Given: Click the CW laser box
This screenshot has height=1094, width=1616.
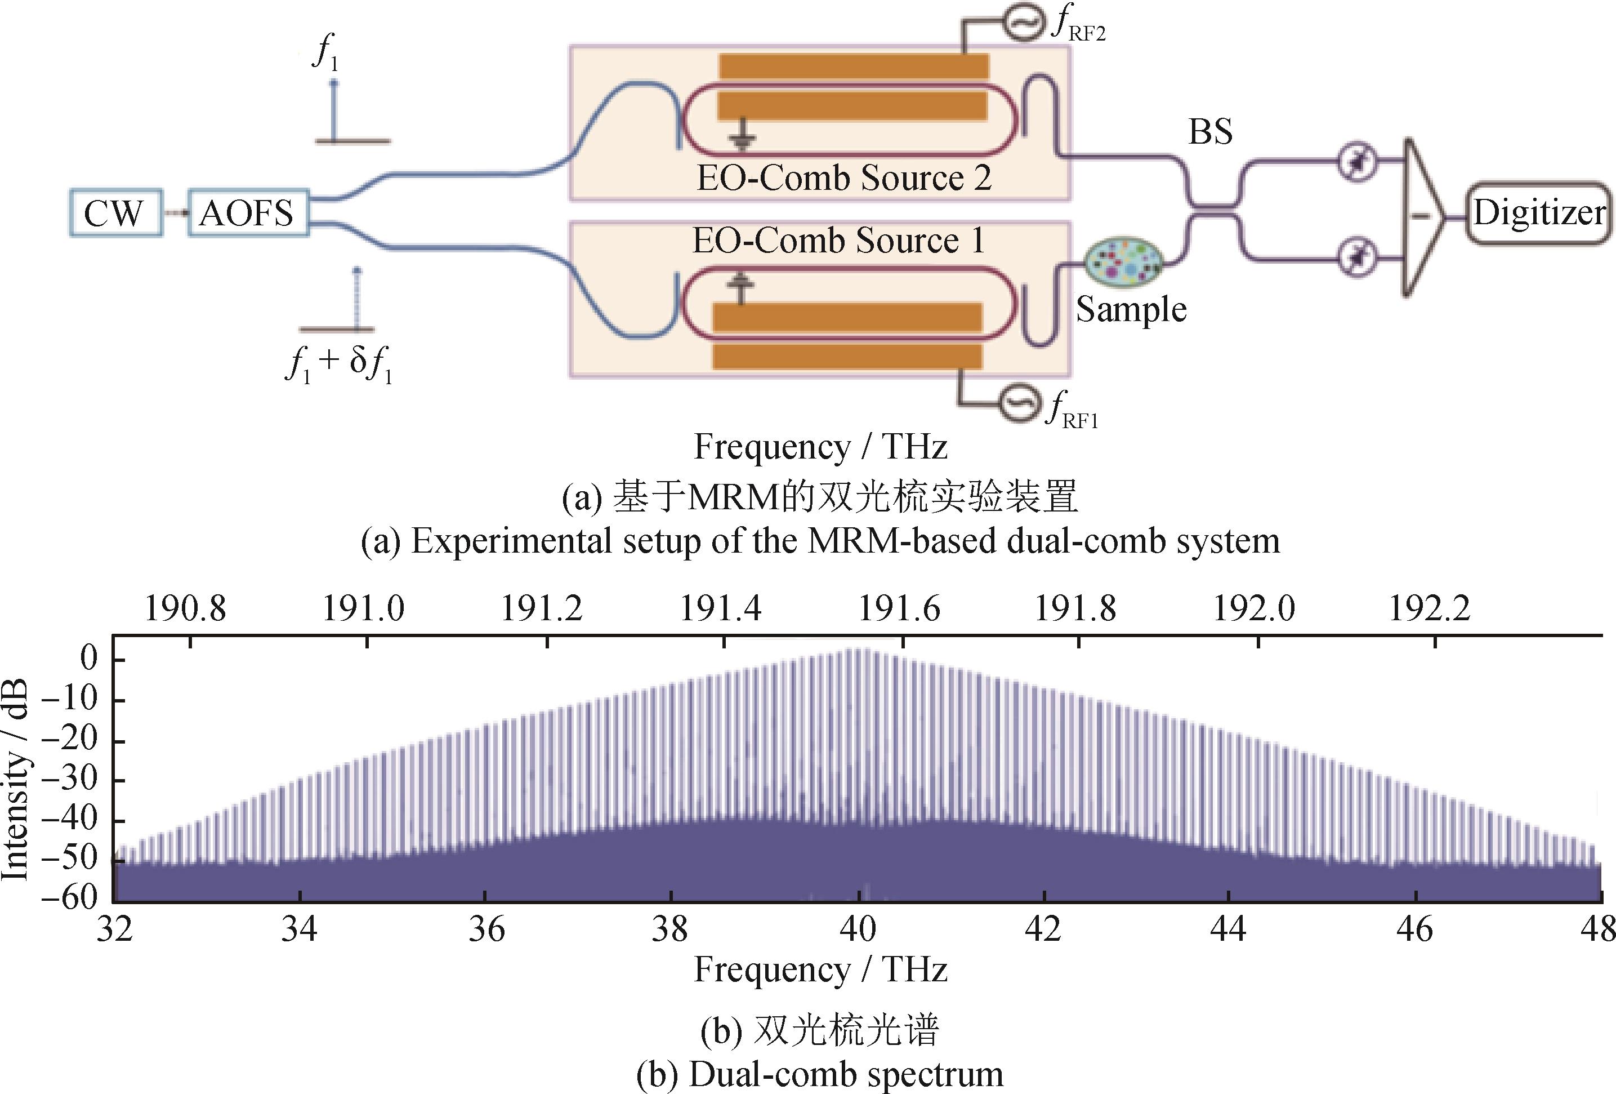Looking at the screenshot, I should click(115, 213).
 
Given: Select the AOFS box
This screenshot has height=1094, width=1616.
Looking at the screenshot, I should click(248, 213).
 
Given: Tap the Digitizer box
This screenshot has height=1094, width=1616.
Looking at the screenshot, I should click(1539, 213).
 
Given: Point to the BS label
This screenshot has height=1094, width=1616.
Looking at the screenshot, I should click(1210, 131).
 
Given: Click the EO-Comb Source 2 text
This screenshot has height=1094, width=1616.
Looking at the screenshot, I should click(843, 178).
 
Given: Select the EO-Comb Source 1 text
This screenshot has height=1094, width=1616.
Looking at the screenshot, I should click(838, 241).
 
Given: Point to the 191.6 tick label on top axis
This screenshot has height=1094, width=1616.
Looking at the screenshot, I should click(899, 609).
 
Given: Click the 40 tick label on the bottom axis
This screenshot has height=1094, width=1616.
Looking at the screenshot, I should click(858, 929).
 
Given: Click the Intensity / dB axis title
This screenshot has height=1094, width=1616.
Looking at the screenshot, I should click(15, 780).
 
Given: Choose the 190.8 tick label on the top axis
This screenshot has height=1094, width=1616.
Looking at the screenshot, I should click(185, 609).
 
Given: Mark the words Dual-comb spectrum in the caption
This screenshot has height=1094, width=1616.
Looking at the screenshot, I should click(846, 1074).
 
